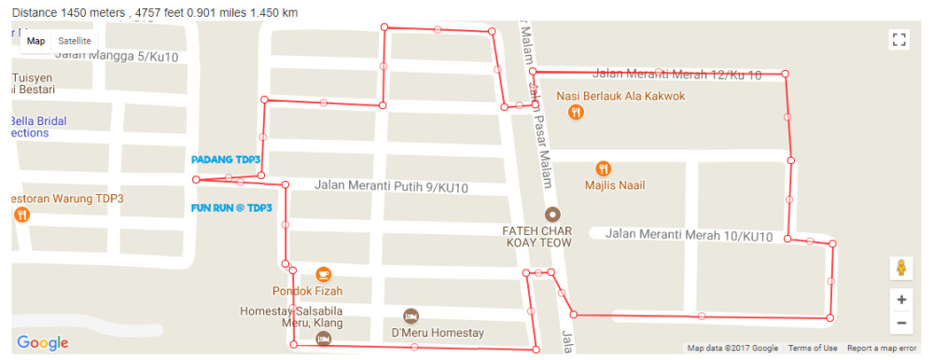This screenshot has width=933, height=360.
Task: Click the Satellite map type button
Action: [75, 41]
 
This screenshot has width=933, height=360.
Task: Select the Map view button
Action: [35, 41]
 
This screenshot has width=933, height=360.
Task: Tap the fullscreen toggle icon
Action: [899, 39]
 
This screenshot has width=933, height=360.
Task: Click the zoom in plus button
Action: [901, 300]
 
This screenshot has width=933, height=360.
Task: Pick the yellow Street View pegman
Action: [901, 268]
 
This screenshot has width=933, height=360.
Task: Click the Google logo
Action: [43, 343]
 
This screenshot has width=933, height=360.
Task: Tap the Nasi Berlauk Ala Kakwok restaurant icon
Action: [577, 112]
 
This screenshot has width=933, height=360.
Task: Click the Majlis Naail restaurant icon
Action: [604, 169]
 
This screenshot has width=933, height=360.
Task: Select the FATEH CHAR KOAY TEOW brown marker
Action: [552, 214]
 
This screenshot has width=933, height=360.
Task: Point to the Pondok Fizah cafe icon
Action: [323, 273]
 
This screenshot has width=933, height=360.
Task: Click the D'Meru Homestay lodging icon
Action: [411, 315]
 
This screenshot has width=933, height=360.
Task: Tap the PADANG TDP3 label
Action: [226, 159]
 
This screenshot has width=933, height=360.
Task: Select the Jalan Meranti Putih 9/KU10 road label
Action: [391, 187]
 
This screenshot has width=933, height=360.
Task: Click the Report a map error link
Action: [882, 349]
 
